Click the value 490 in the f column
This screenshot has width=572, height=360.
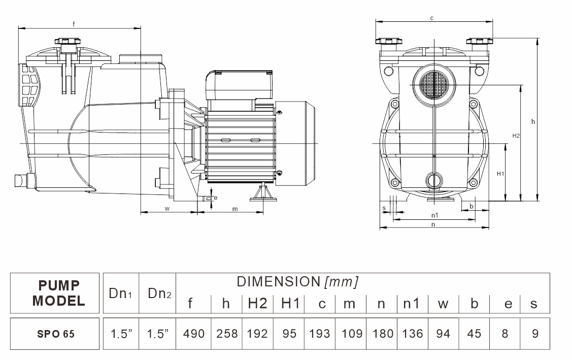click(x=193, y=334)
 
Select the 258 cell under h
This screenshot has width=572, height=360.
click(x=226, y=334)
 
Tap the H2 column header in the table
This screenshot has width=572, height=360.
click(x=257, y=304)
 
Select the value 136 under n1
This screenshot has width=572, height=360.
click(x=412, y=334)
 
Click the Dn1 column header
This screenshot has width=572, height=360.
click(x=121, y=293)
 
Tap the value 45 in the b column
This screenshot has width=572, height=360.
click(x=475, y=334)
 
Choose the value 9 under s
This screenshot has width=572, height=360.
click(x=533, y=334)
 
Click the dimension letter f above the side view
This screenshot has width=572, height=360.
click(x=75, y=23)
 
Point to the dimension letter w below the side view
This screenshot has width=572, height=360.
click(x=167, y=209)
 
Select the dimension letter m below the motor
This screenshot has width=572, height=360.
click(x=235, y=209)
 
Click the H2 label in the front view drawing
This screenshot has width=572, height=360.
click(x=516, y=136)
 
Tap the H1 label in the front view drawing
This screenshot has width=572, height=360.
click(x=500, y=174)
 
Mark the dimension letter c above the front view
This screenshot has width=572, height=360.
click(x=431, y=18)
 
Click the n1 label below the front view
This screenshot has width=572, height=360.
click(x=434, y=215)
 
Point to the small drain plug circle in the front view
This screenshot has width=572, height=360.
click(x=434, y=180)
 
